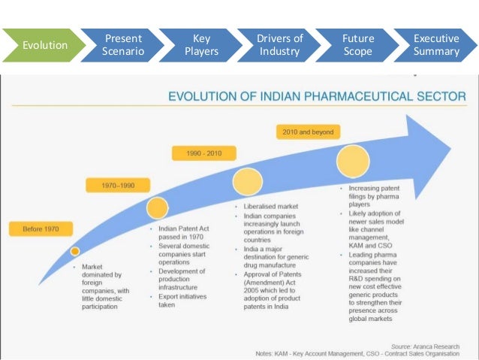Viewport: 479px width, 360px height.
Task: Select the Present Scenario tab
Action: click(x=122, y=45)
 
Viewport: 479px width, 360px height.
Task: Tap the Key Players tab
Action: click(x=201, y=45)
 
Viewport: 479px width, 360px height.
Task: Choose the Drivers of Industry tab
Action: click(x=280, y=45)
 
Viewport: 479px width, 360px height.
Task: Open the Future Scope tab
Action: click(x=358, y=45)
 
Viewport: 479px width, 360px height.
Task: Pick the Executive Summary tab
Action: click(x=436, y=45)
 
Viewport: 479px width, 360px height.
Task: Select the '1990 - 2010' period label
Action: click(x=204, y=153)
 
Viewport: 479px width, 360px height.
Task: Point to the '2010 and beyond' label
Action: click(x=308, y=132)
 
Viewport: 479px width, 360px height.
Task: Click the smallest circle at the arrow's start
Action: click(x=75, y=251)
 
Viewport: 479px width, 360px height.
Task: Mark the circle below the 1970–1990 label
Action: click(x=157, y=208)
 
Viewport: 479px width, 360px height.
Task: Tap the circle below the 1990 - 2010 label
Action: click(x=247, y=182)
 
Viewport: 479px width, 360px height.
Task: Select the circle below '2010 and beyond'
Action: click(x=353, y=161)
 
